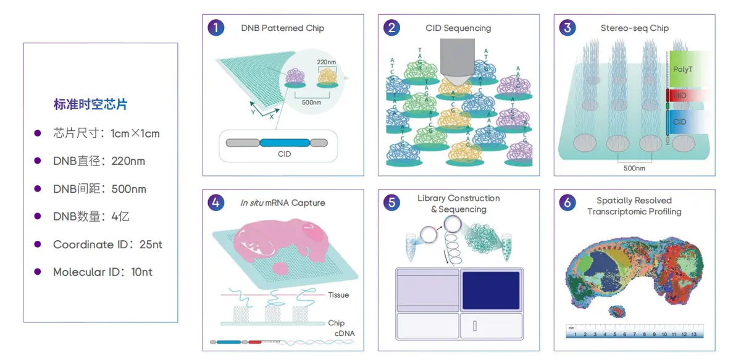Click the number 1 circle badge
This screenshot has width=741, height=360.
click(x=216, y=28)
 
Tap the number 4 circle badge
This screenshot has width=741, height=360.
click(x=216, y=203)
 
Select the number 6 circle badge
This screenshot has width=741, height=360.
click(x=567, y=203)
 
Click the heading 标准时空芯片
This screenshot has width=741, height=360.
click(x=90, y=104)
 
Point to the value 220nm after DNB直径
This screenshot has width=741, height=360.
click(x=128, y=161)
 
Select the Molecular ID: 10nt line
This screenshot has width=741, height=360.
click(x=103, y=272)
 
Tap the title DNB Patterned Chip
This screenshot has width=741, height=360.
click(x=282, y=28)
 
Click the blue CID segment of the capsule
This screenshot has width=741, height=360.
click(x=284, y=143)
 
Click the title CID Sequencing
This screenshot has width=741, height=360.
click(x=458, y=28)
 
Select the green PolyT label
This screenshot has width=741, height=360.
click(x=683, y=69)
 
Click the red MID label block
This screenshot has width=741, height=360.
click(x=680, y=96)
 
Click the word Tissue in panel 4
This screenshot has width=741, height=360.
click(x=338, y=295)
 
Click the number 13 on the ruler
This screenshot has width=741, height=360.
click(x=693, y=335)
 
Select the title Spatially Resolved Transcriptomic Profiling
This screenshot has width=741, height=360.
click(x=634, y=206)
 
